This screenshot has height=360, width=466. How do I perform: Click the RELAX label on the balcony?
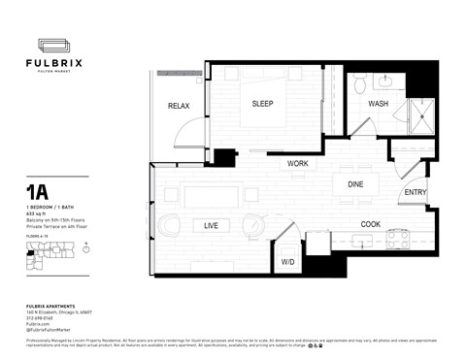[179, 106]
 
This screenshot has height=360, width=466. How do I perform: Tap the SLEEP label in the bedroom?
[263, 104]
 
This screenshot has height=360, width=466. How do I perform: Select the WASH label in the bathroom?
[378, 104]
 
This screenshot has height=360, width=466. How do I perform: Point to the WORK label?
[298, 164]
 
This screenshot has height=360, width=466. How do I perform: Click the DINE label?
[355, 183]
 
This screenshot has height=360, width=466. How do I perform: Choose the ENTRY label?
[415, 192]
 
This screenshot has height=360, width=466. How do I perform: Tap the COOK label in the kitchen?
[371, 224]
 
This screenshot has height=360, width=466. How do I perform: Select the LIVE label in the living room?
[210, 225]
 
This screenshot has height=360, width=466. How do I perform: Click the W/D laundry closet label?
[287, 262]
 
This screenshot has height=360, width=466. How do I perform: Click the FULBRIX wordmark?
[60, 63]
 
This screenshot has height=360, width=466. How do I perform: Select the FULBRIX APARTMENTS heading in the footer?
[53, 307]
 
